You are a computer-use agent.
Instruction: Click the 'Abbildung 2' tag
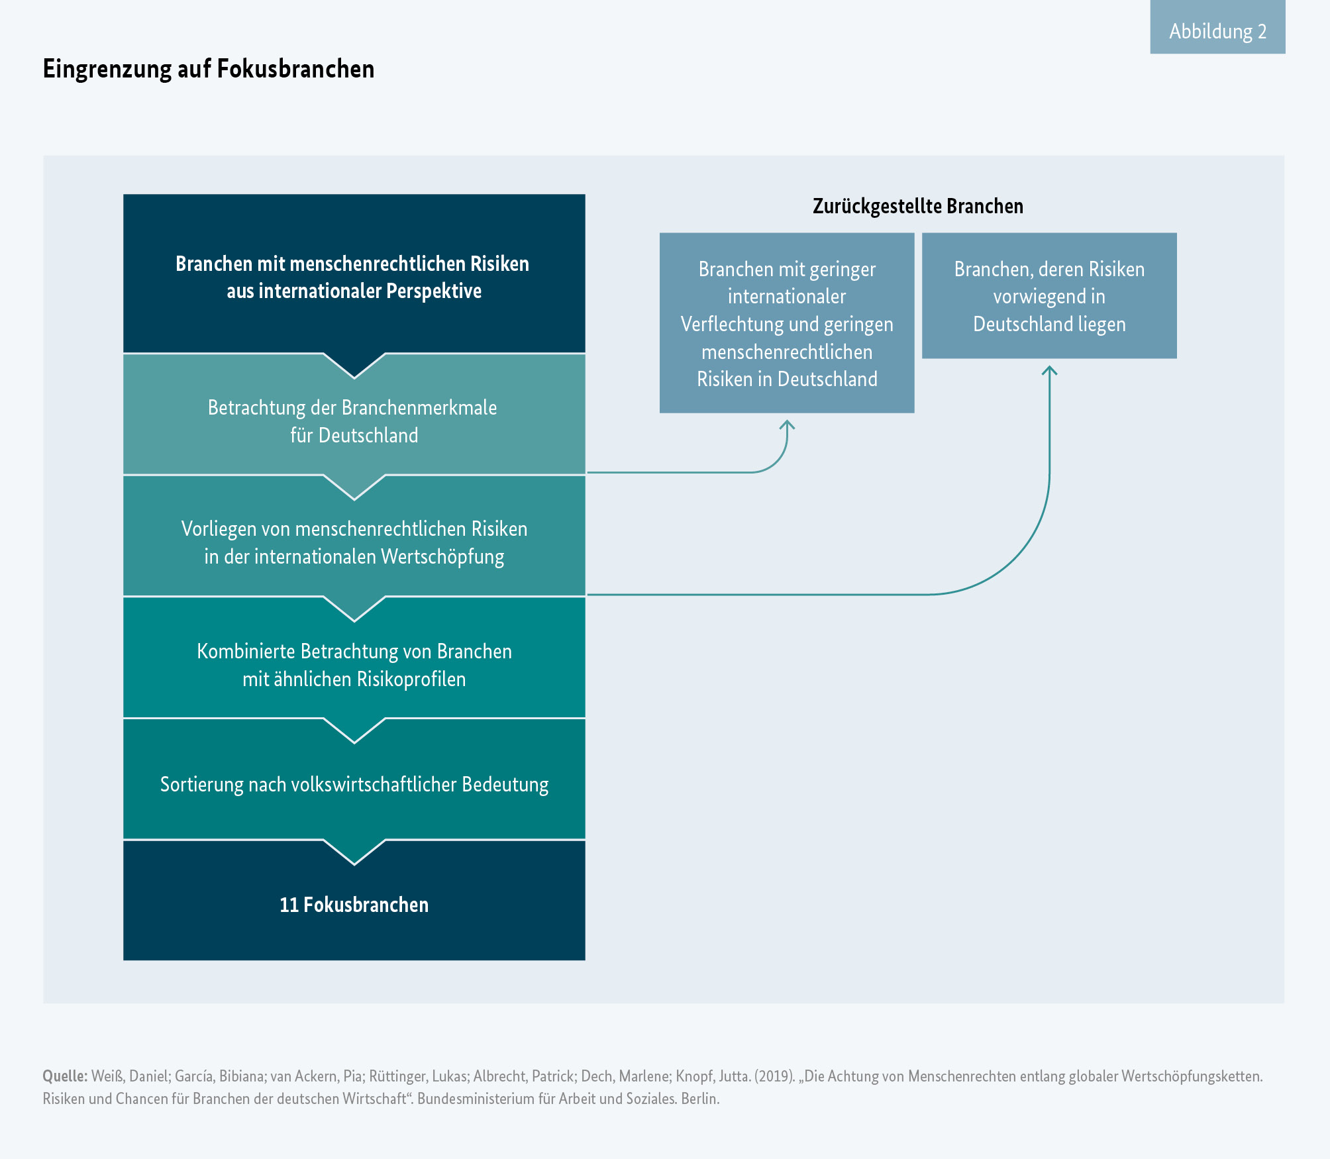1217,31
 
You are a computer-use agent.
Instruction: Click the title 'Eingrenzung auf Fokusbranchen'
209,69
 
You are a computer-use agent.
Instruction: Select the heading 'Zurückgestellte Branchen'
917,206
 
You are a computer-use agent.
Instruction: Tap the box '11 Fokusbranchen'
354,905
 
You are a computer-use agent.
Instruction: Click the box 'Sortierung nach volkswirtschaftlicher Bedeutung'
354,784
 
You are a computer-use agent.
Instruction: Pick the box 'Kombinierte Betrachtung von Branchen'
354,664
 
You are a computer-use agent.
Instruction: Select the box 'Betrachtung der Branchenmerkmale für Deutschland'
354,421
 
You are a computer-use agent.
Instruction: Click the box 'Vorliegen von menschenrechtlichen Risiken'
354,542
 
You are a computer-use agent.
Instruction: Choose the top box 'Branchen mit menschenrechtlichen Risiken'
354,277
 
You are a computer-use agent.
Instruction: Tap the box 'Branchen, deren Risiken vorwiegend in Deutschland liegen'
1049,296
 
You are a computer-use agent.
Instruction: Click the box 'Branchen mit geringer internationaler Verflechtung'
787,323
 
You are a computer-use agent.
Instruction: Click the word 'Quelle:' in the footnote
64,1076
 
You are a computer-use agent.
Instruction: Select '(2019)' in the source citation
774,1076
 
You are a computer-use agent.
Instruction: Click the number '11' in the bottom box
289,905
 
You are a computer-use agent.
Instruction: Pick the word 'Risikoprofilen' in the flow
411,679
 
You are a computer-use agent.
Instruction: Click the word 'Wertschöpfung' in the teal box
442,556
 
